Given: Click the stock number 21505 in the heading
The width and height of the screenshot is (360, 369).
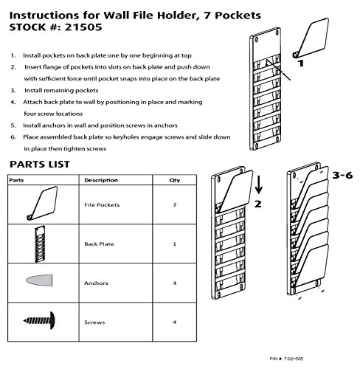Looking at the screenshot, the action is (x=83, y=27).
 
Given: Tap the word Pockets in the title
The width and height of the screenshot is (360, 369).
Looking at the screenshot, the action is (x=238, y=15).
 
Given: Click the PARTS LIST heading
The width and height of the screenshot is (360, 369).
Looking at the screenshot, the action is (x=40, y=165).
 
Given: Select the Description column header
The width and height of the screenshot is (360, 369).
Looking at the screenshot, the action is (x=101, y=180).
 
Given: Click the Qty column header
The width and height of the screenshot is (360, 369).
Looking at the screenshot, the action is (x=175, y=180).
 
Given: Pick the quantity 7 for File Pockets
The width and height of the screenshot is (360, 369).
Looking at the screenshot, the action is (x=175, y=204).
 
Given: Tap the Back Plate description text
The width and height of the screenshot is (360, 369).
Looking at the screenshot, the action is (x=99, y=244).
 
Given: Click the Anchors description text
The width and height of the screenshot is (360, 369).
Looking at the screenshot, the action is (x=96, y=283).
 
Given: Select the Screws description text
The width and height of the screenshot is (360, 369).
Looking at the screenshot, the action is (x=94, y=323).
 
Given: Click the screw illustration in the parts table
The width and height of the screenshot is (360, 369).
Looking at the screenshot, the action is (x=40, y=320).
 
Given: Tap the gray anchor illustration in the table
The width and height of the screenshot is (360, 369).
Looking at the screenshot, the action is (x=39, y=280).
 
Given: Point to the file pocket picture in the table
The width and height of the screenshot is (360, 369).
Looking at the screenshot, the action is (x=42, y=204).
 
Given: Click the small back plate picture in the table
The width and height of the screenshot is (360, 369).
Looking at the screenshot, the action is (x=40, y=244).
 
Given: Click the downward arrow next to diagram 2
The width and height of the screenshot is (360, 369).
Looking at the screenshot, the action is (x=259, y=184).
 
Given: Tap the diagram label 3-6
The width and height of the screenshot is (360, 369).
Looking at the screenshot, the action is (x=342, y=175).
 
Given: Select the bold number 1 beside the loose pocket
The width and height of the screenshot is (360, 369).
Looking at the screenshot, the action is (x=301, y=63).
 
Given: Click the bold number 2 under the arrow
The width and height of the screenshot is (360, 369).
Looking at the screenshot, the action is (x=257, y=204).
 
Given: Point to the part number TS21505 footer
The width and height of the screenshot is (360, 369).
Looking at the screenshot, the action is (x=286, y=359).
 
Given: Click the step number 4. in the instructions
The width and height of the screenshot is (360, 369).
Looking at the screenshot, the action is (x=13, y=102).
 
